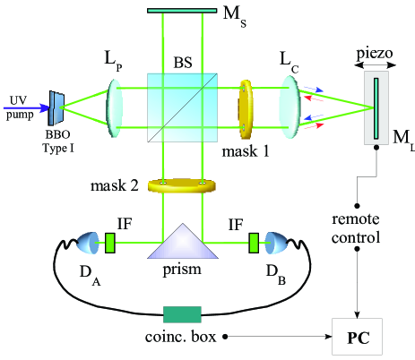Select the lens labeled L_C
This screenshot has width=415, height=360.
[290, 107]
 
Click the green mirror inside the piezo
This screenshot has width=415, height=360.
[377, 107]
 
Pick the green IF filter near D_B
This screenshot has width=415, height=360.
[255, 242]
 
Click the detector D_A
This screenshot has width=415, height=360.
[89, 242]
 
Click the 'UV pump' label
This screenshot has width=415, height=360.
[17, 107]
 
